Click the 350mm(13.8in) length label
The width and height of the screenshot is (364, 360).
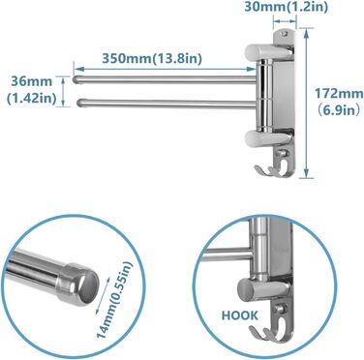152,59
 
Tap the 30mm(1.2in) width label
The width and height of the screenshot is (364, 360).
286,7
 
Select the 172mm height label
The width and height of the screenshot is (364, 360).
339,94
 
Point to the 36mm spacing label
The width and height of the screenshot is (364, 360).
32,81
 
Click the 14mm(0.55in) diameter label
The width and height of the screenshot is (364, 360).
115,299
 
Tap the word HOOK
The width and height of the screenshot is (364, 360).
240,315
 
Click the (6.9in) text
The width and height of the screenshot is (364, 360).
338,110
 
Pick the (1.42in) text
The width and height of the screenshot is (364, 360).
31,98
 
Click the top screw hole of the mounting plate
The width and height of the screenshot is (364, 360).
285,33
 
